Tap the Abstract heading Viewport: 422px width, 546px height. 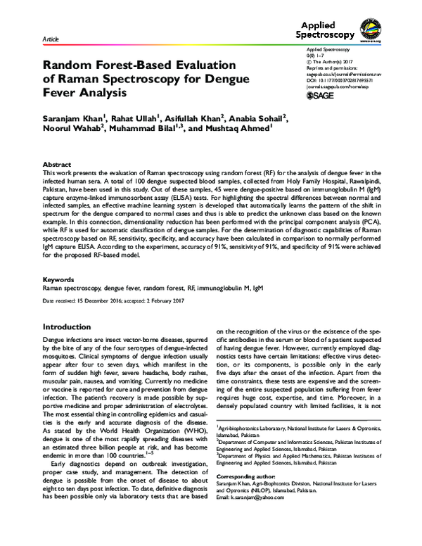pyautogui.click(x=58, y=163)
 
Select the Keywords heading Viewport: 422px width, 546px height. pyautogui.click(x=59, y=299)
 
